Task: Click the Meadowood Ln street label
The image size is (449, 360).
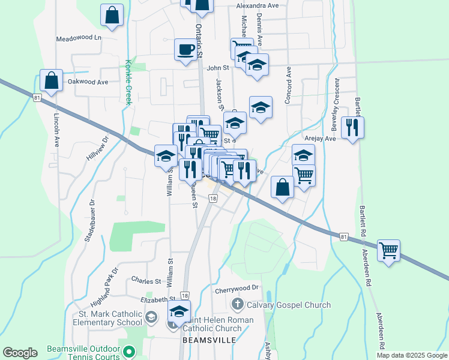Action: coord(79,38)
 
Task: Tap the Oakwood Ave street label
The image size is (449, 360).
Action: coord(88,82)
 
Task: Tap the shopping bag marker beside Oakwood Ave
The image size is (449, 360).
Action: coord(52,80)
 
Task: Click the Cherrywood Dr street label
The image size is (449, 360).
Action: coord(236,288)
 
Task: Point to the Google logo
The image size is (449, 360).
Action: coord(20,353)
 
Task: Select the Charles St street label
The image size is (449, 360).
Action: coord(146,280)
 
